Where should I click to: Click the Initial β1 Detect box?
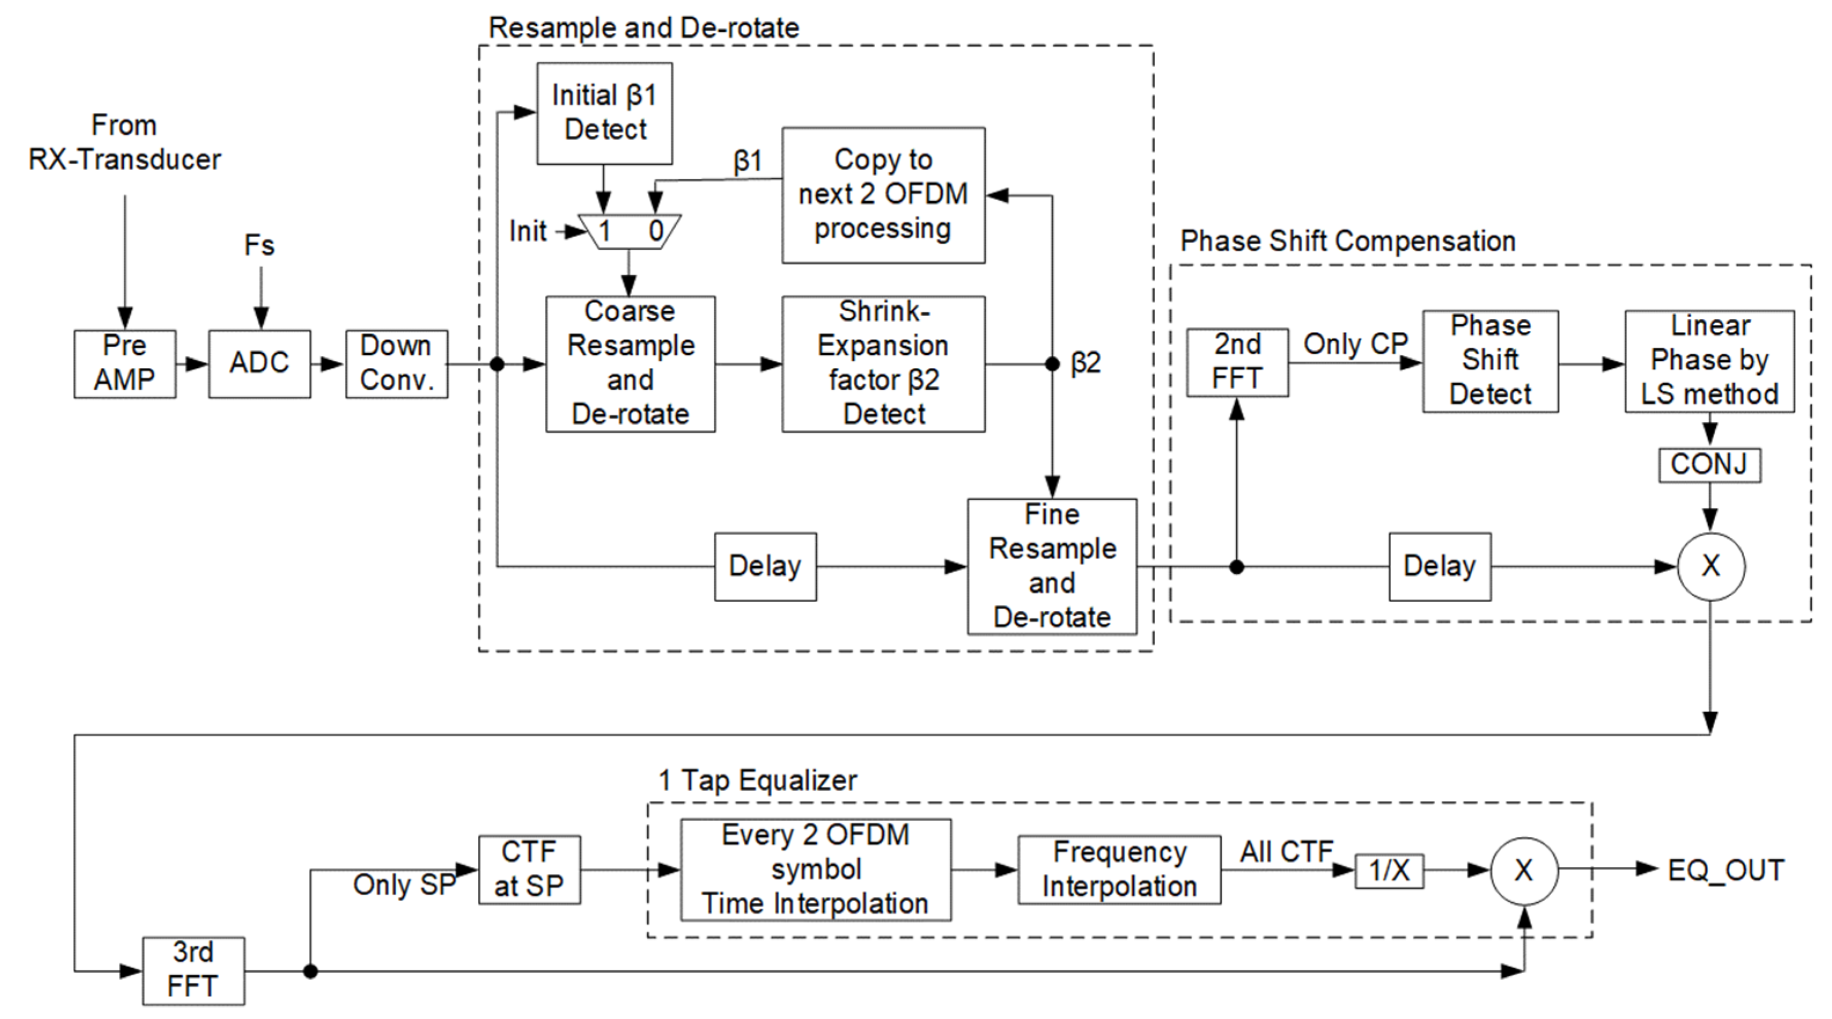pyautogui.click(x=604, y=114)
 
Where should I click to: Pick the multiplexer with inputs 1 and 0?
pyautogui.click(x=629, y=232)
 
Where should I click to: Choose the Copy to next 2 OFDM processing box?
pyautogui.click(x=883, y=195)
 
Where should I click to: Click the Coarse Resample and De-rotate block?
pyautogui.click(x=630, y=364)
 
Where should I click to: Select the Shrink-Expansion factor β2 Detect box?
pyautogui.click(x=883, y=364)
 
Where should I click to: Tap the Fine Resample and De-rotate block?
pyautogui.click(x=1052, y=567)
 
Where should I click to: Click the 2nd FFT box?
pyautogui.click(x=1237, y=363)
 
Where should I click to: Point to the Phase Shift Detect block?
pyautogui.click(x=1491, y=361)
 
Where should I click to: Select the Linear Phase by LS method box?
pyautogui.click(x=1710, y=361)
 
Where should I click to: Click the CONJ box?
pyautogui.click(x=1710, y=465)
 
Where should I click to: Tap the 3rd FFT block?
pyautogui.click(x=193, y=970)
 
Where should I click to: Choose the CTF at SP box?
pyautogui.click(x=529, y=870)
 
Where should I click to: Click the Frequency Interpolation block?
pyautogui.click(x=1119, y=870)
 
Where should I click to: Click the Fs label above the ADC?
pyautogui.click(x=260, y=245)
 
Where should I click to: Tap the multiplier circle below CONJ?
pyautogui.click(x=1711, y=567)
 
